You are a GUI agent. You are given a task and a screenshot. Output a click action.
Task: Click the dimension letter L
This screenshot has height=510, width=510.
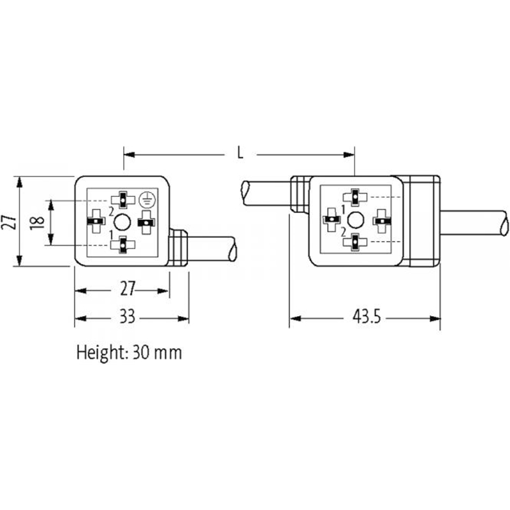240,153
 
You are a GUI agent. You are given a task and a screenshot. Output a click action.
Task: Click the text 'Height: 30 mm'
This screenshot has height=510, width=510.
129,352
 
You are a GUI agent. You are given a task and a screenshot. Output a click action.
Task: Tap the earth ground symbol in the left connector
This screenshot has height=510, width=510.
147,198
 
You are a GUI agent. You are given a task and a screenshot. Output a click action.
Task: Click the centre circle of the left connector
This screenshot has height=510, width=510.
122,221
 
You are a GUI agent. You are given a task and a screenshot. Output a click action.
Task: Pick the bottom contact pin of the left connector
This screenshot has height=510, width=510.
121,244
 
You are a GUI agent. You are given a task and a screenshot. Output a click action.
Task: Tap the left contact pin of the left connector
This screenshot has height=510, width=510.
96,221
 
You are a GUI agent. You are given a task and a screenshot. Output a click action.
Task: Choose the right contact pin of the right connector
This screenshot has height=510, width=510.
381,219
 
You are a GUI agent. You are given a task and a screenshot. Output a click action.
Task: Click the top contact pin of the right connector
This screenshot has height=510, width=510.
355,197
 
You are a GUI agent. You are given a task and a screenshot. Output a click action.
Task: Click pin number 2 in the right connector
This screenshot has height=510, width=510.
344,230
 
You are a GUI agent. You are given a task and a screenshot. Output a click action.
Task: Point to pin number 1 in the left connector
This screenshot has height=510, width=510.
112,234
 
